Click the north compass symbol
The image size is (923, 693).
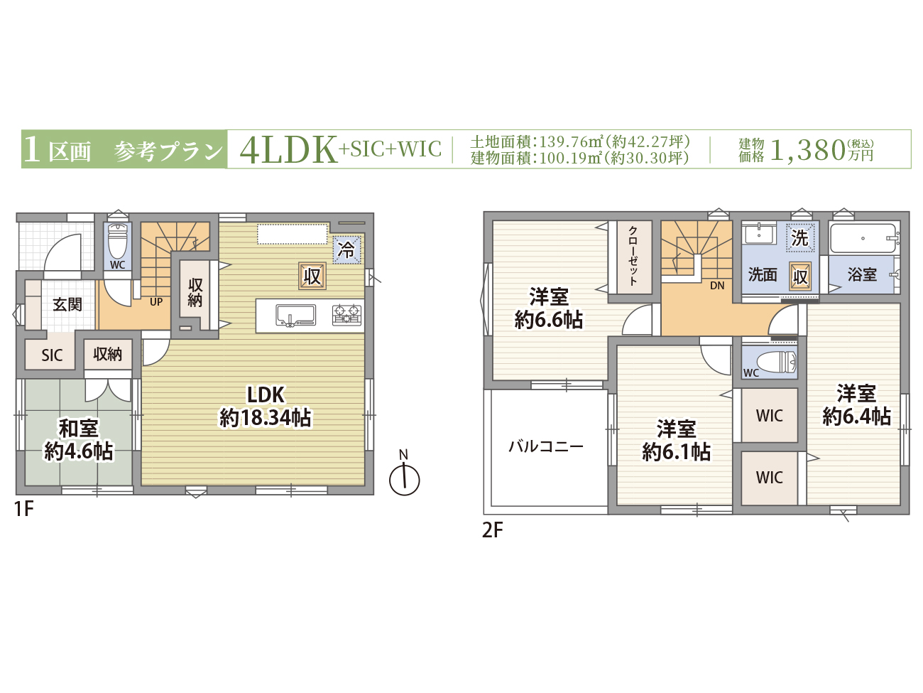point(404,479)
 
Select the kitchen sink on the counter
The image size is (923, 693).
point(295,316)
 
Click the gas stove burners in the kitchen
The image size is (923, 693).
point(347,315)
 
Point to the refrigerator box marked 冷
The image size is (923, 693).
point(347,250)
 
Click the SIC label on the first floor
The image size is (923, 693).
point(52,355)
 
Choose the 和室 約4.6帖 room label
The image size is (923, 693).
point(79,440)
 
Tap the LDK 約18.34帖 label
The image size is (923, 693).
point(266,407)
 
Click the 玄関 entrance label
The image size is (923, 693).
point(67,304)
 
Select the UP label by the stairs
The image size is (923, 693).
point(156,301)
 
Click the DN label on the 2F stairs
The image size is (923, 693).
point(717,286)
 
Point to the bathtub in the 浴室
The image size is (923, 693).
point(863,238)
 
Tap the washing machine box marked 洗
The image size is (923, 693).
point(800,237)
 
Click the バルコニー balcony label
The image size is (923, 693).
point(546,446)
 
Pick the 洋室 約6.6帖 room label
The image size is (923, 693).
point(549,308)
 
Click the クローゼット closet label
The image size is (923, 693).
point(633,256)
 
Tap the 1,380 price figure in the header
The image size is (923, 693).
point(808,150)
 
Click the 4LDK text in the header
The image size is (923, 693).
point(288,150)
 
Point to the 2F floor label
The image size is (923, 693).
point(493,530)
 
